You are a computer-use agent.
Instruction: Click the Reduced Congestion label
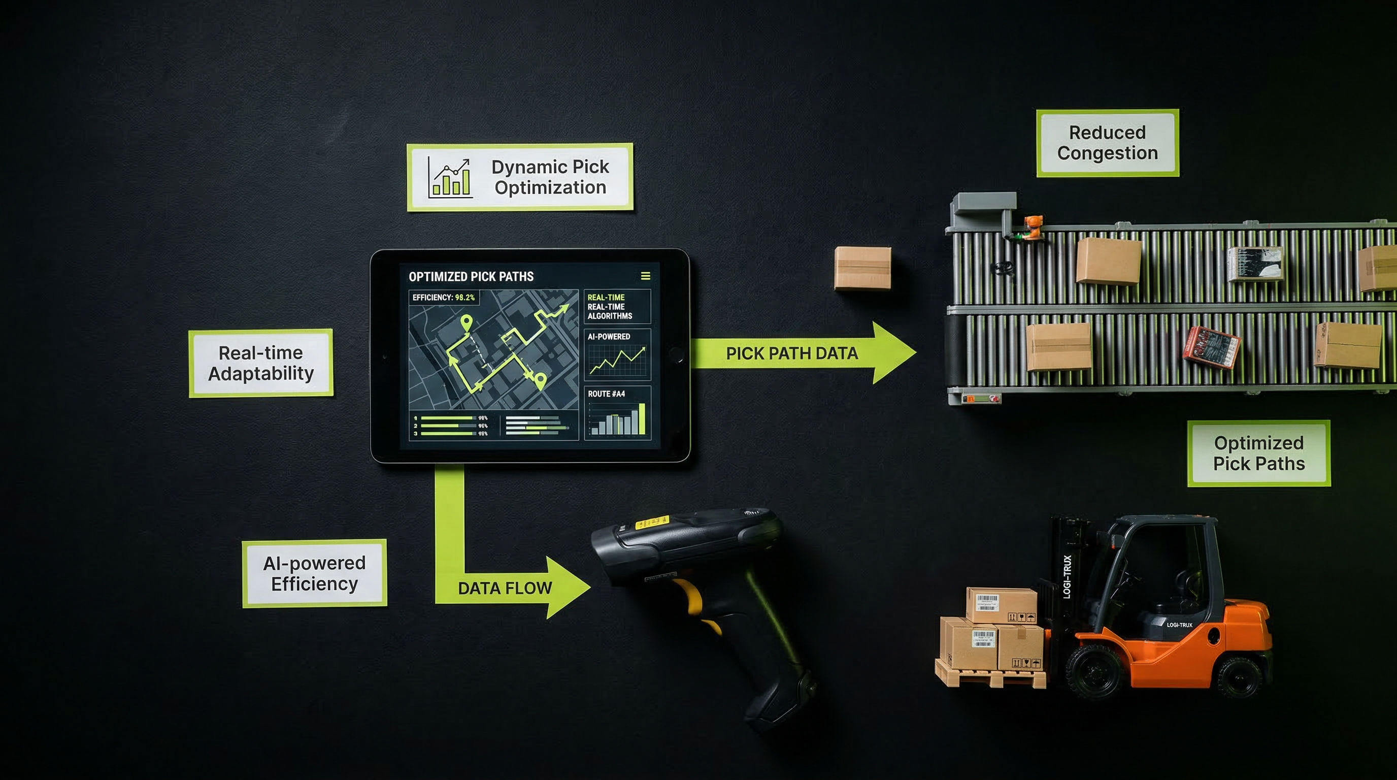tap(1108, 143)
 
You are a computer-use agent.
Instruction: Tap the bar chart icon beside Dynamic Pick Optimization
tap(450, 177)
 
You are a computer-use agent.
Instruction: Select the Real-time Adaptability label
tap(261, 363)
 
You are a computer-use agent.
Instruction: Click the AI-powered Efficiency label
tap(315, 573)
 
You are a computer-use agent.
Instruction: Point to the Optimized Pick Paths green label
tap(1259, 453)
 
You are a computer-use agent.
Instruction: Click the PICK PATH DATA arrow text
tap(792, 353)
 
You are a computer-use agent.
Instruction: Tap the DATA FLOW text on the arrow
tap(505, 588)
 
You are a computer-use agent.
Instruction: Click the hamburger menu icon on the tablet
tap(645, 276)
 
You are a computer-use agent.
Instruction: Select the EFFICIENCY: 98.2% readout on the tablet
tap(444, 297)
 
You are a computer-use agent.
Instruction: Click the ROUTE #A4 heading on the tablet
tap(606, 394)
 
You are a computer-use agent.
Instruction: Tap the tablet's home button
tap(676, 355)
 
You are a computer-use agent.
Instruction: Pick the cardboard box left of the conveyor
tap(862, 268)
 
